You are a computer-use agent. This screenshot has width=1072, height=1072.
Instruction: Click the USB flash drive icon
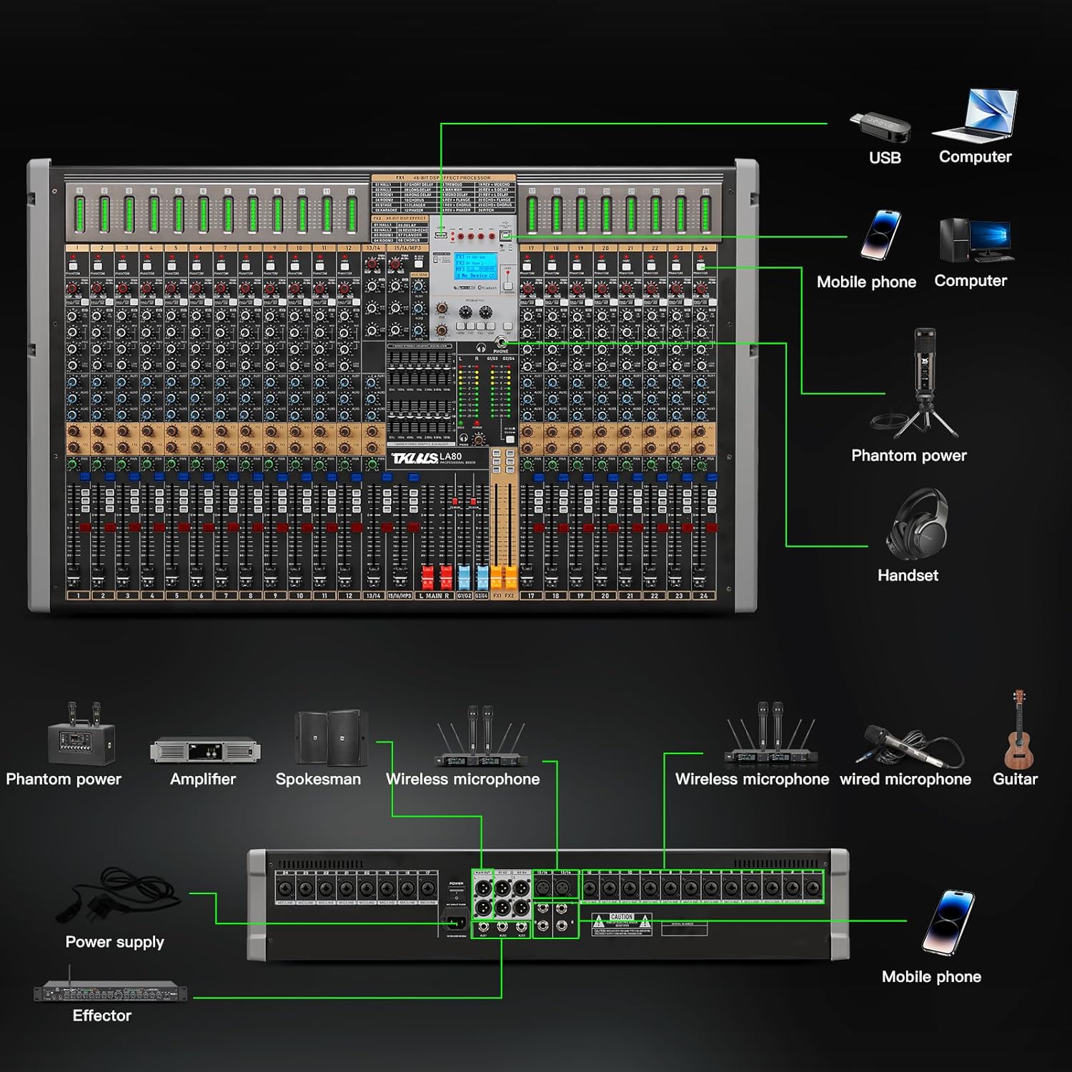point(880,127)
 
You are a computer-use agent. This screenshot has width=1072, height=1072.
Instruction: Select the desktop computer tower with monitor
point(975,239)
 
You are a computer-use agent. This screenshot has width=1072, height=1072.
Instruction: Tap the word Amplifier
point(203,779)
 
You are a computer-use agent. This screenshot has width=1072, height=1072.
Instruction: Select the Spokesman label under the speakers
point(318,779)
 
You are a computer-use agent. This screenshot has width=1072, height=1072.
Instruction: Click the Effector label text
point(102,1016)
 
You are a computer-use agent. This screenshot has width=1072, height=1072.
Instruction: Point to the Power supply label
point(115,942)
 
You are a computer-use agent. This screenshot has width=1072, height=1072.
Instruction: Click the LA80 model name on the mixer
point(451,457)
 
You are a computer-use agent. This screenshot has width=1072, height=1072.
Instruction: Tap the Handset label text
point(908,575)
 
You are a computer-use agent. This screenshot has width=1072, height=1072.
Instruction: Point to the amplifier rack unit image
point(205,751)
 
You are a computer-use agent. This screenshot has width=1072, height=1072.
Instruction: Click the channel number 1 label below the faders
point(78,595)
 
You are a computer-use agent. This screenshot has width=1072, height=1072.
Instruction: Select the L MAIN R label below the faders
point(434,595)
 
